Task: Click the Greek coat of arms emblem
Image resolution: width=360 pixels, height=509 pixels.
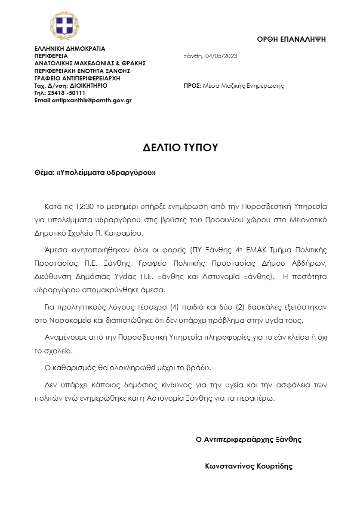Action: point(65,26)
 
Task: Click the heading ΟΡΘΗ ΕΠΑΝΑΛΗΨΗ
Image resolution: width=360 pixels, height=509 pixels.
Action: point(291,39)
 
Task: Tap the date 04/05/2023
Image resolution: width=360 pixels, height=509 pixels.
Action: point(222,56)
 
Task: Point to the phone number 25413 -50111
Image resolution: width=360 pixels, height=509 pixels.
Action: point(64,93)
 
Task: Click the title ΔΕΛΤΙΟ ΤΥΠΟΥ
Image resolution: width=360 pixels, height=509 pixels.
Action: point(181,148)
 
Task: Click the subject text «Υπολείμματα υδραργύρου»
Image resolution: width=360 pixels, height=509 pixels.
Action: point(106,173)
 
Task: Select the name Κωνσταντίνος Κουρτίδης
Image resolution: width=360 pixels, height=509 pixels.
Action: point(249,466)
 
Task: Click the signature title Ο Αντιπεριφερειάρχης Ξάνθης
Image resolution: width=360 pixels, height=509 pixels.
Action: point(249,439)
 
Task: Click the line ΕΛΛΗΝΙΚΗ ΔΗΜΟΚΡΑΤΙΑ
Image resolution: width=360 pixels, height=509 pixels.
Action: point(70,49)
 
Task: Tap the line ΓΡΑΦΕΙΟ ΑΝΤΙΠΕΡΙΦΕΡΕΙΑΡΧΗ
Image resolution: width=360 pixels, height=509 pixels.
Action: point(77,78)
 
